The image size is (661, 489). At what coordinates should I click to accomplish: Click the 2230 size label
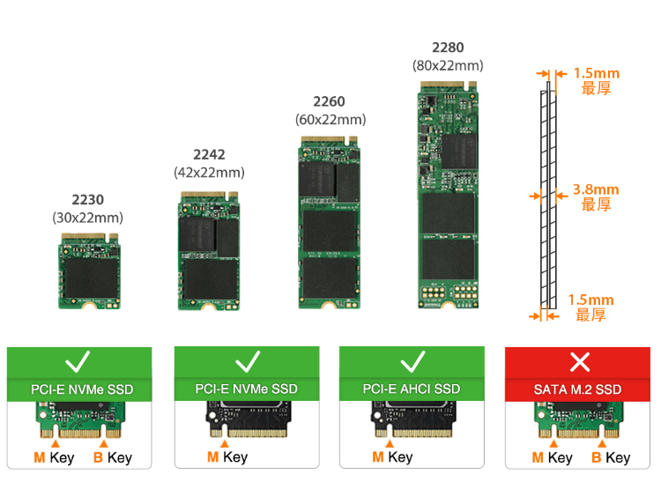87,200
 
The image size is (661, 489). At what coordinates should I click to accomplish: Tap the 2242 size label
209,155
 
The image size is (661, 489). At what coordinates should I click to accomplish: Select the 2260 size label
330,101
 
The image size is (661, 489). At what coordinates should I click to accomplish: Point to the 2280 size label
448,48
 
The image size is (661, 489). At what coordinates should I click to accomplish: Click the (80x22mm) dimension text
448,66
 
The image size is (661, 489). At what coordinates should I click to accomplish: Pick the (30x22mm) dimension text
87,218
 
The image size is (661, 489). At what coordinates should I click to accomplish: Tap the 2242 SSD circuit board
210,251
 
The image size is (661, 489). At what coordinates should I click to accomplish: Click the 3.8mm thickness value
596,189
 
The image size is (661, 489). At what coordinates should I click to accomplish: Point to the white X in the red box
579,361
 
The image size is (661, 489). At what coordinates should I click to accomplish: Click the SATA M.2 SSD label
578,389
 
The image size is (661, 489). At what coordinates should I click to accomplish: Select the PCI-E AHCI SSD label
412,389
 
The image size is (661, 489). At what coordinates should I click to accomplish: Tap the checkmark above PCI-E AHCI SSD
412,361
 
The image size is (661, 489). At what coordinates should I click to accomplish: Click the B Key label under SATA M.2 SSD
611,457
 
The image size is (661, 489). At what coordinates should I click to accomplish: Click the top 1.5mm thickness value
596,73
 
